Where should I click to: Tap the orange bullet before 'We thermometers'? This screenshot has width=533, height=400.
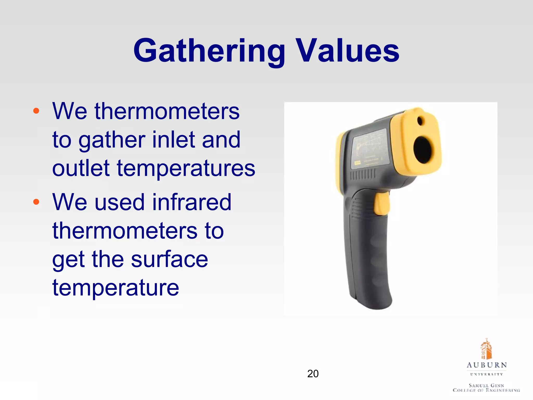[x=36, y=111]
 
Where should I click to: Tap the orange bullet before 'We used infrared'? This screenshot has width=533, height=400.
[x=36, y=202]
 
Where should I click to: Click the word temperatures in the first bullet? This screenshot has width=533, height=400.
[x=186, y=169]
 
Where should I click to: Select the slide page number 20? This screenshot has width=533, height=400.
[x=313, y=374]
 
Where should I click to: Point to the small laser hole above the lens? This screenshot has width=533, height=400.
[x=420, y=121]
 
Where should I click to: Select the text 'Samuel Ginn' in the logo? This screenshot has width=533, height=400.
[x=486, y=385]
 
